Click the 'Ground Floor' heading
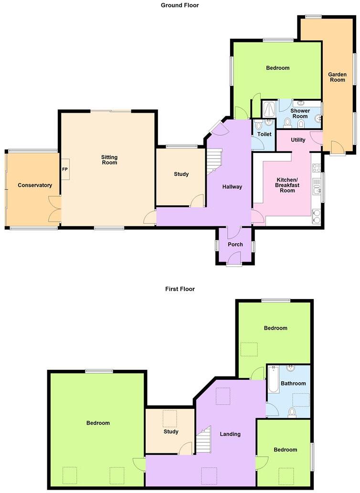pyautogui.click(x=180, y=5)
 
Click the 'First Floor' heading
pyautogui.click(x=180, y=289)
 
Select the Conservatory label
pyautogui.click(x=35, y=185)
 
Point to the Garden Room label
pyautogui.click(x=338, y=77)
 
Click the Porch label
pyautogui.click(x=235, y=245)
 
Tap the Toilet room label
pyautogui.click(x=264, y=135)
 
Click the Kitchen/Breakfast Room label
pyautogui.click(x=287, y=185)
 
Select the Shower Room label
pyautogui.click(x=300, y=114)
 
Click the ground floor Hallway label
pyautogui.click(x=232, y=187)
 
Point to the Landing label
pyautogui.click(x=230, y=434)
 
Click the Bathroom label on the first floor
pyautogui.click(x=293, y=383)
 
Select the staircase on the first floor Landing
pyautogui.click(x=204, y=439)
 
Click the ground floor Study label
pyautogui.click(x=181, y=174)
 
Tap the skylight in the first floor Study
pyautogui.click(x=170, y=418)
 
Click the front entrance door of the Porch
pyautogui.click(x=233, y=259)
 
